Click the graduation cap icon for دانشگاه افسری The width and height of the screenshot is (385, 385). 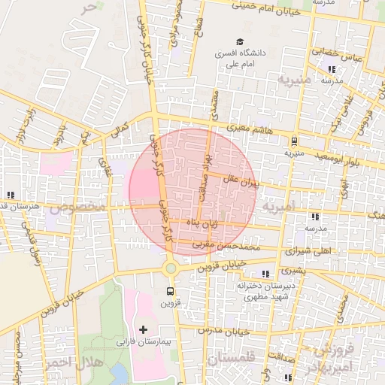coord(240,41)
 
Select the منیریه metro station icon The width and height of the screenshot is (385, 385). coord(294,140)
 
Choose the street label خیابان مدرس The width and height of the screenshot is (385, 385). coord(225,331)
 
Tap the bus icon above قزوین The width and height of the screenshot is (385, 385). coord(171,291)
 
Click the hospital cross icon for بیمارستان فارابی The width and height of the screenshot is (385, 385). coord(144,329)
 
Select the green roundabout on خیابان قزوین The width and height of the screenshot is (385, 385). coord(171,268)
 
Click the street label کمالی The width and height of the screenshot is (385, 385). coord(120,129)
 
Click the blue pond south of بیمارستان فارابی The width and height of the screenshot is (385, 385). coord(119,374)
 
